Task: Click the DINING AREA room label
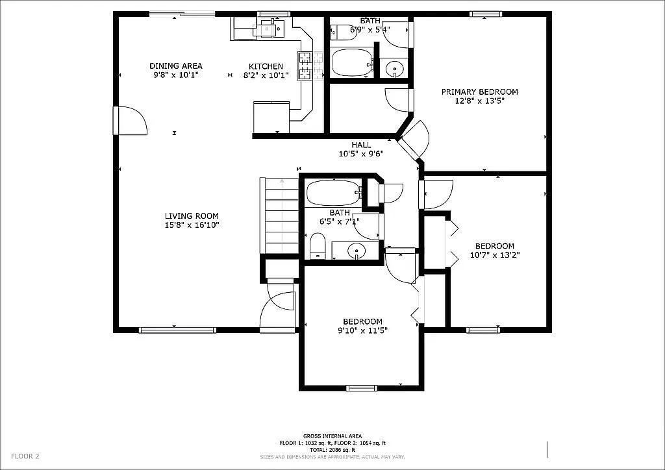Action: (x=175, y=66)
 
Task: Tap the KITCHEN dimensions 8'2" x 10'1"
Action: (x=266, y=75)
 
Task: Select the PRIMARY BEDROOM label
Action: (x=479, y=92)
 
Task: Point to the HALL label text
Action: (x=362, y=145)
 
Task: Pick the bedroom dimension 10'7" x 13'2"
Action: (x=494, y=255)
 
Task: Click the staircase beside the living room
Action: (x=281, y=216)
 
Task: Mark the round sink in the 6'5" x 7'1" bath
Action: (x=356, y=249)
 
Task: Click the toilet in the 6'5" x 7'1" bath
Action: (x=317, y=247)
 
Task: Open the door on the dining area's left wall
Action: (x=129, y=121)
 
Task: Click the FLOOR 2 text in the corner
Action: (x=25, y=456)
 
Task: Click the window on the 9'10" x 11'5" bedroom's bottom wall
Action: (x=361, y=388)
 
